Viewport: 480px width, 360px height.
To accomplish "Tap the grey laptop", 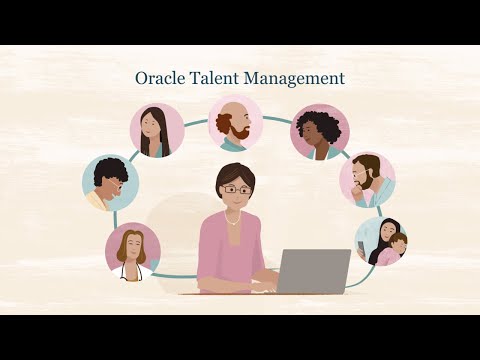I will click(x=312, y=270).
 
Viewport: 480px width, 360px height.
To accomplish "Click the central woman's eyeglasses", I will click(x=236, y=190).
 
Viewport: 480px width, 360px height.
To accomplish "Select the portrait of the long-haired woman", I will click(x=157, y=130).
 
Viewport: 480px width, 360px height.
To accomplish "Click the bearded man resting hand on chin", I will click(x=366, y=180).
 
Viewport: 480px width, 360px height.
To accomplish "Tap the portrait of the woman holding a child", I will click(x=380, y=241).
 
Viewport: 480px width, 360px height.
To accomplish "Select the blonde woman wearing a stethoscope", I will click(x=132, y=249).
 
